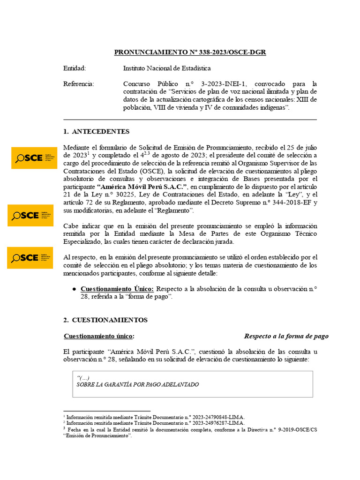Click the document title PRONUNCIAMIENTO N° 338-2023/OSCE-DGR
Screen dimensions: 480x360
coord(190,52)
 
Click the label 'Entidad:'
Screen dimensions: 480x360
coord(75,68)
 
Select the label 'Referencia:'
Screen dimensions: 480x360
coord(78,84)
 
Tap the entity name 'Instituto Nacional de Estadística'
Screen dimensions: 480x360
coord(167,68)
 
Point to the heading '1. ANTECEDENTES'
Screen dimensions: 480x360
coord(97,131)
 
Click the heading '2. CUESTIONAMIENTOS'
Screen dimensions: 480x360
coord(105,320)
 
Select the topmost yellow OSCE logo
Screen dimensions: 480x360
coord(34,158)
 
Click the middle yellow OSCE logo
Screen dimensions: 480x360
coord(30,215)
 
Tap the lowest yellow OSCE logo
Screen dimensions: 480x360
coord(30,257)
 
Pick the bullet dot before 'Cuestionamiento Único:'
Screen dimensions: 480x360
coord(74,289)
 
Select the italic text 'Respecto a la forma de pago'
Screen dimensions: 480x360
coord(286,336)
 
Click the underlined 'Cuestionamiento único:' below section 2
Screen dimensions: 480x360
coord(99,336)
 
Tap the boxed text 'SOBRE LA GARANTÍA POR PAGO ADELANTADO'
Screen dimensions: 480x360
coord(137,384)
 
